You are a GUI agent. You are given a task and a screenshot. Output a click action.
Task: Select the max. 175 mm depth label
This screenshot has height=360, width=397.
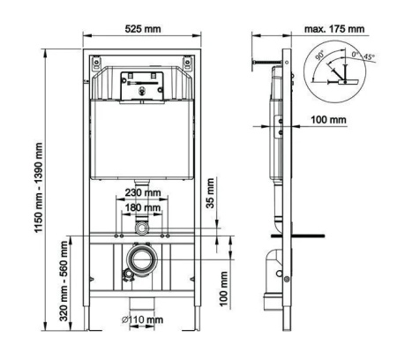(x=333, y=30)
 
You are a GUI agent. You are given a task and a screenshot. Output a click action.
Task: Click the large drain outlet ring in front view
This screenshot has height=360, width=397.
(x=143, y=261)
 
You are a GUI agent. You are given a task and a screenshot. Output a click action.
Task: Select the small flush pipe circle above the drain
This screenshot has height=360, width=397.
(x=143, y=229)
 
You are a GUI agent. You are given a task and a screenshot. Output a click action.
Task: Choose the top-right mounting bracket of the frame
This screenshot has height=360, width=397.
(x=188, y=64)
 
